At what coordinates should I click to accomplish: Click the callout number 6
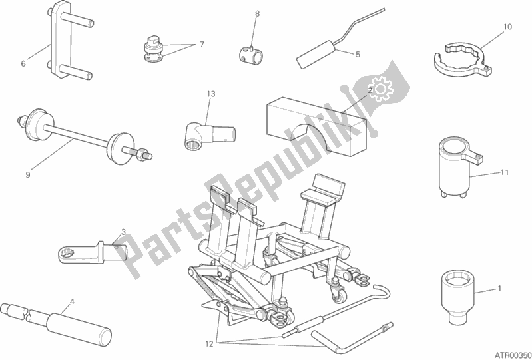[x=23, y=63]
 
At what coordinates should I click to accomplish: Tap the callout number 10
[x=507, y=27]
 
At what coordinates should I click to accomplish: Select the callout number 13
[x=211, y=94]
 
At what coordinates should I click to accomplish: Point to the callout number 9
[x=28, y=174]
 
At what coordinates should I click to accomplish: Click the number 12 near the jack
[x=209, y=344]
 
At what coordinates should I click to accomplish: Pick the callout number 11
[x=505, y=172]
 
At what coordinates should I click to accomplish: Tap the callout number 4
[x=72, y=301]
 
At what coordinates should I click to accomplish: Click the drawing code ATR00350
[x=515, y=355]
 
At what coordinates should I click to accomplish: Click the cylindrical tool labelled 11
[x=455, y=168]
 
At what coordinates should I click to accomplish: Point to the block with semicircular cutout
[x=316, y=128]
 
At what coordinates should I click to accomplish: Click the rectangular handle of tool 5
[x=316, y=55]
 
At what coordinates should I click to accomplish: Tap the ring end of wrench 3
[x=67, y=254]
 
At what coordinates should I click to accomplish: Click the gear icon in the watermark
[x=380, y=89]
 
